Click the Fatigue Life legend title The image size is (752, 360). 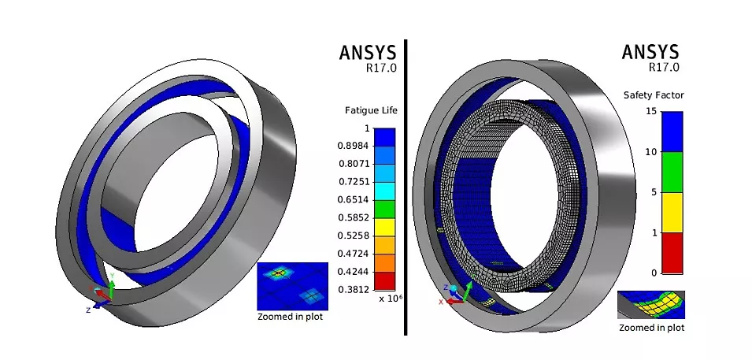click(371, 111)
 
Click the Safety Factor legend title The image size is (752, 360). click(654, 95)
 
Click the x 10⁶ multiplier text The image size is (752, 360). click(390, 299)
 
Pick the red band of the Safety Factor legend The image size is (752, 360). click(672, 253)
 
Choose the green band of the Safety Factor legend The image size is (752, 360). click(672, 173)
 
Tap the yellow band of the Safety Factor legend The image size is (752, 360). click(672, 213)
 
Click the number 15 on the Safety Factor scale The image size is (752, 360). click(650, 112)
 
